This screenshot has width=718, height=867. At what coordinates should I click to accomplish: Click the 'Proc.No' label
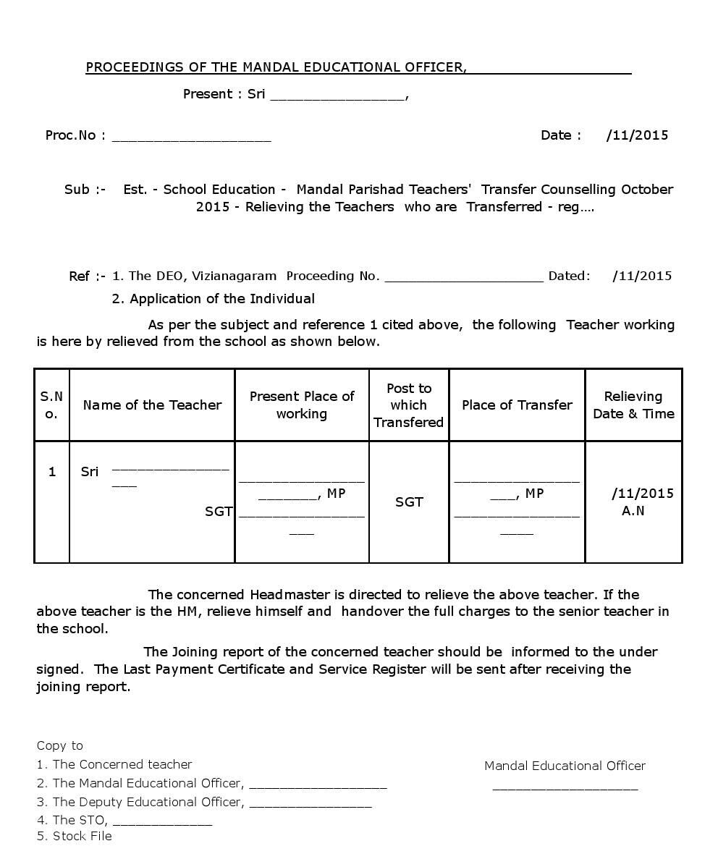tap(70, 135)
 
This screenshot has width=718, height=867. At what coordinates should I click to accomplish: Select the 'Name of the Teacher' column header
tap(152, 405)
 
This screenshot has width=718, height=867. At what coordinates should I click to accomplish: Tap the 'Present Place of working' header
tap(302, 405)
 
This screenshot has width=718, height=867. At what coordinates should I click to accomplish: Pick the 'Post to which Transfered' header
tap(409, 405)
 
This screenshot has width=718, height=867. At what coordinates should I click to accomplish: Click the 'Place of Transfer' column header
tap(517, 405)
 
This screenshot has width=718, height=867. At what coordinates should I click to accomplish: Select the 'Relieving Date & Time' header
tap(633, 405)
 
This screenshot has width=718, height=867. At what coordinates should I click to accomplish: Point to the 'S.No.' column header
tap(51, 405)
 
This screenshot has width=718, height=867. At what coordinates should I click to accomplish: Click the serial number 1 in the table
tap(52, 472)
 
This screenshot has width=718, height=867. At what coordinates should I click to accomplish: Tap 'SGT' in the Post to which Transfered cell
tap(409, 502)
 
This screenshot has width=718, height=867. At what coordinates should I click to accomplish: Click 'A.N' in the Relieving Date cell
tap(633, 511)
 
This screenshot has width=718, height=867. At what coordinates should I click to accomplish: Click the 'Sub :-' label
tap(85, 190)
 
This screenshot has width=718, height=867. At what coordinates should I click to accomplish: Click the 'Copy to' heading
tap(60, 746)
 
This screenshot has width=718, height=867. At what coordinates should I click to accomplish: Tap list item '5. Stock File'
tap(75, 837)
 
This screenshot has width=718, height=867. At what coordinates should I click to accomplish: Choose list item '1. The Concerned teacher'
tap(114, 765)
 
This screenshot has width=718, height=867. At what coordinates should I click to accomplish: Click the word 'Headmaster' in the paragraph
tap(290, 595)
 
